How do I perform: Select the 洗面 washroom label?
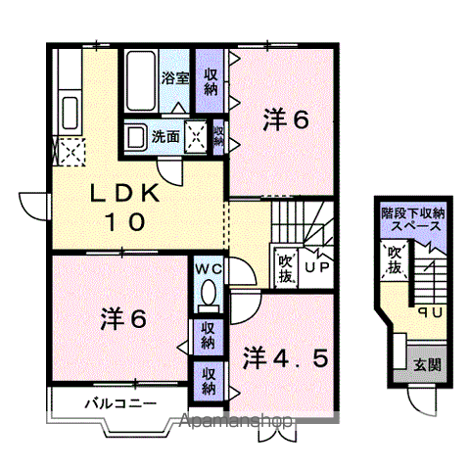click(164, 137)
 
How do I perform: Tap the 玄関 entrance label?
click(427, 365)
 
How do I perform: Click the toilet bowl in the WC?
click(208, 295)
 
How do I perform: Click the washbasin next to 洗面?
click(136, 137)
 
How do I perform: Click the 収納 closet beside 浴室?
click(210, 81)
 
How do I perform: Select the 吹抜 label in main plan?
click(285, 266)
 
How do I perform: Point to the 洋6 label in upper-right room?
click(285, 120)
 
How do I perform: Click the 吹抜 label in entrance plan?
click(394, 260)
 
